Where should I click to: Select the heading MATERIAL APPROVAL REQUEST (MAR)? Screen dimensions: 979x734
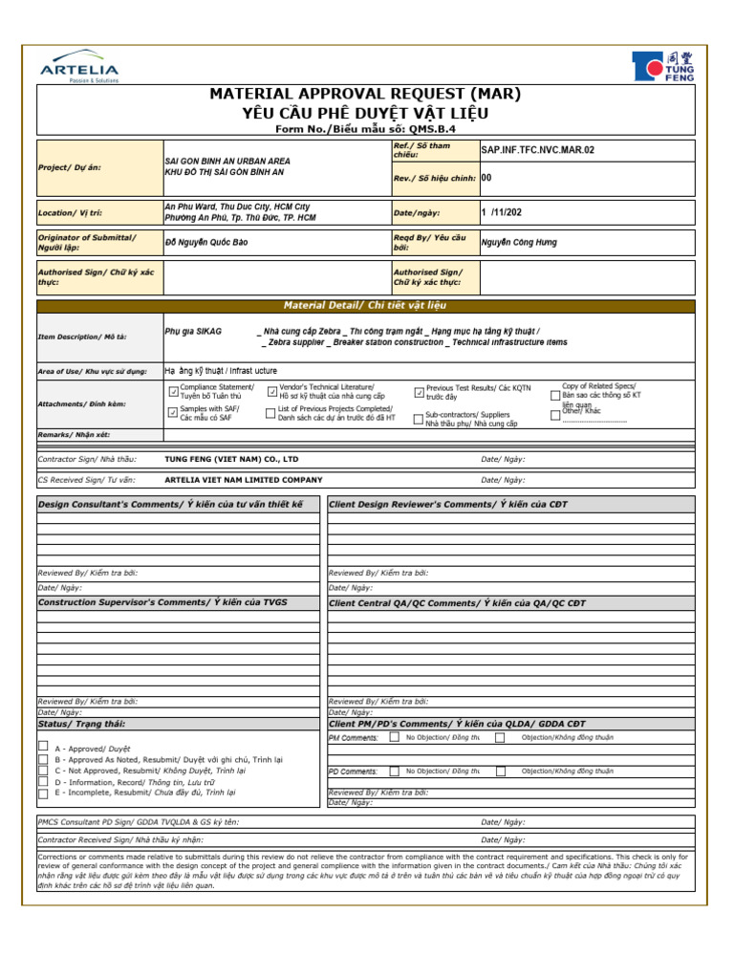click(367, 94)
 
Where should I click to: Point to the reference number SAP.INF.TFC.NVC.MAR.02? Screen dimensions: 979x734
click(537, 150)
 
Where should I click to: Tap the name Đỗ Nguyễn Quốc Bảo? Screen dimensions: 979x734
click(206, 243)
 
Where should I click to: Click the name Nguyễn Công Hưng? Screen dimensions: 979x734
click(519, 243)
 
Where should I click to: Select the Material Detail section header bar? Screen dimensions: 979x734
click(367, 306)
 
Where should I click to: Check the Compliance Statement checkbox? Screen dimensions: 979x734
click(173, 391)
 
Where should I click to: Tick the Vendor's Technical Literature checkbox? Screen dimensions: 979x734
click(272, 391)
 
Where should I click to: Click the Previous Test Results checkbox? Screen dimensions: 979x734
click(419, 391)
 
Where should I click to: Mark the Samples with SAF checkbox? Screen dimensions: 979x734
click(173, 413)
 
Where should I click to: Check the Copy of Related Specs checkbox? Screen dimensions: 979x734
click(556, 394)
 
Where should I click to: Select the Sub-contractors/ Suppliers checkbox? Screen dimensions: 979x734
click(419, 418)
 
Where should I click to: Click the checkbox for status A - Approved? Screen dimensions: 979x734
click(43, 746)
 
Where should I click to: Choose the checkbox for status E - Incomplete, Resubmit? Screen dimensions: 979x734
click(43, 793)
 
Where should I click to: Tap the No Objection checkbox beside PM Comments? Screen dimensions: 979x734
click(395, 737)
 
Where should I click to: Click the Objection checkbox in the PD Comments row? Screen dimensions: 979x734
click(500, 770)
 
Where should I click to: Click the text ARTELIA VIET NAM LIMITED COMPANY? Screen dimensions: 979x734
click(244, 480)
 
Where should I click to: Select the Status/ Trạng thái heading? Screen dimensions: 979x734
click(81, 725)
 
